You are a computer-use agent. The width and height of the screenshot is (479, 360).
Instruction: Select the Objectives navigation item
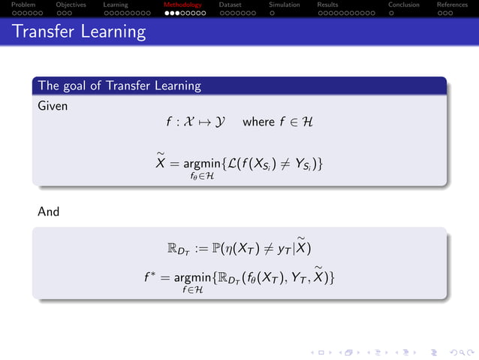[x=71, y=5]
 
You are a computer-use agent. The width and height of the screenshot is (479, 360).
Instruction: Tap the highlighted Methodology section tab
[x=182, y=5]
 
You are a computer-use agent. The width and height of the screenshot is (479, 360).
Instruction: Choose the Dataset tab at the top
[x=230, y=5]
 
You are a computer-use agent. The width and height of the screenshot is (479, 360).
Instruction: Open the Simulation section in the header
[x=284, y=5]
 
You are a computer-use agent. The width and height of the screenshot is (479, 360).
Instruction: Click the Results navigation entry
[x=327, y=5]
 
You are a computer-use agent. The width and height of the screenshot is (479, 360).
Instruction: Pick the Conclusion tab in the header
[x=404, y=5]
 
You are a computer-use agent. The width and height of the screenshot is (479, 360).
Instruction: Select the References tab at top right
[x=452, y=5]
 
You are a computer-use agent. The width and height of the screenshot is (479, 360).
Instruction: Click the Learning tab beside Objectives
[x=116, y=5]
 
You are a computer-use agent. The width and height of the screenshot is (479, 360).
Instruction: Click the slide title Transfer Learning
[x=79, y=32]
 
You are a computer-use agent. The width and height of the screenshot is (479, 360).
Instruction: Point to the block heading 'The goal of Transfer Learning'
[x=119, y=86]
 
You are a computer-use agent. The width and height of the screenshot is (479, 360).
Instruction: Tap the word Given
[x=53, y=106]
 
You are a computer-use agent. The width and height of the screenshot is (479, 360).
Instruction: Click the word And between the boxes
[x=49, y=212]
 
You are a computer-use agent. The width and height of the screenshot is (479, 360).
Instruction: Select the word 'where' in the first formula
[x=258, y=121]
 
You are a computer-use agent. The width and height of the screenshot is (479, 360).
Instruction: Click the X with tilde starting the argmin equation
[x=161, y=163]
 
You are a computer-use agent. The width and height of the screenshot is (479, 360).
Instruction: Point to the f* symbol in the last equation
[x=150, y=278]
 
